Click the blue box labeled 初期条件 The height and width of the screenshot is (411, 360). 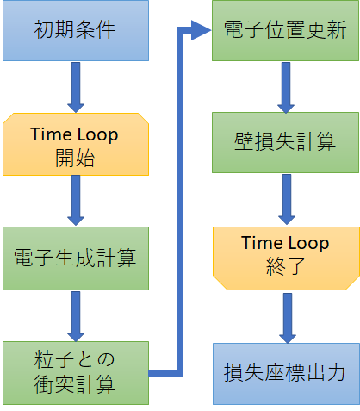click(x=76, y=30)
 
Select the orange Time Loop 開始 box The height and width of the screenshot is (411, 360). click(x=76, y=144)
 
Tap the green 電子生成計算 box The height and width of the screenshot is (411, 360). click(x=76, y=258)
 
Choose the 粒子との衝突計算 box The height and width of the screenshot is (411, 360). click(x=76, y=373)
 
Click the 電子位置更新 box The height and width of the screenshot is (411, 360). click(x=285, y=30)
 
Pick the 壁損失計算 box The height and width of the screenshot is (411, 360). click(x=285, y=142)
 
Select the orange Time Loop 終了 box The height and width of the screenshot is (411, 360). click(x=286, y=258)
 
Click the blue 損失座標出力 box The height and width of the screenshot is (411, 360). click(x=286, y=374)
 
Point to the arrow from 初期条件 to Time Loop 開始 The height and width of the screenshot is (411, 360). click(x=76, y=87)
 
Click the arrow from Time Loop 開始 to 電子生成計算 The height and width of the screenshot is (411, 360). click(x=76, y=201)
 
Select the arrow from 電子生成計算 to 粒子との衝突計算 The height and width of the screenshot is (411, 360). click(x=76, y=316)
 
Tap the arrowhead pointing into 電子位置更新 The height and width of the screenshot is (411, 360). click(x=201, y=30)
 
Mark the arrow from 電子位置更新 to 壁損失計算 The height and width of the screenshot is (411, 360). click(x=286, y=87)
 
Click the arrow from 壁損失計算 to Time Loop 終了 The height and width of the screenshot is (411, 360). click(x=287, y=199)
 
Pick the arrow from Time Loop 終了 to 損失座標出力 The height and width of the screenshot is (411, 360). click(x=288, y=318)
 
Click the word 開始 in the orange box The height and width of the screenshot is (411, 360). click(x=75, y=158)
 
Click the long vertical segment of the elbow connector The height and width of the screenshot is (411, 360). click(x=180, y=201)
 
